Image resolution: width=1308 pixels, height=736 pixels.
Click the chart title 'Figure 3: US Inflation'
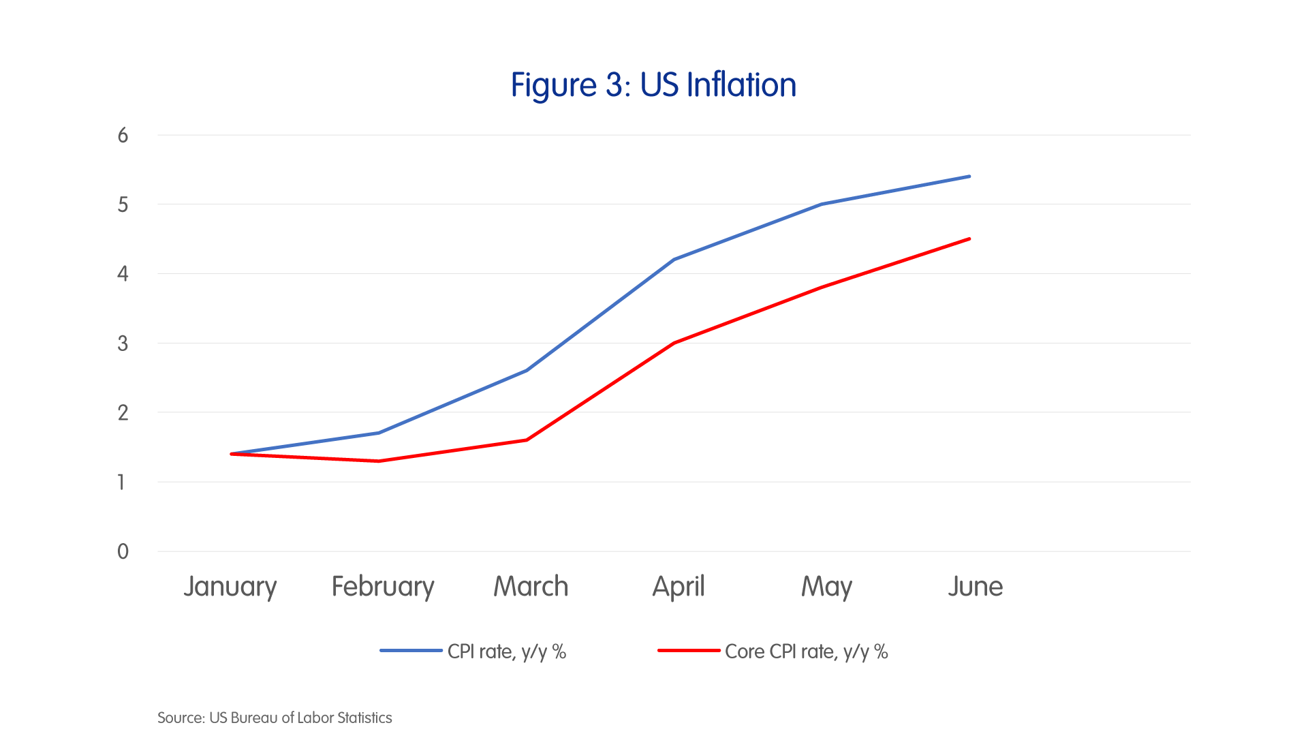pyautogui.click(x=653, y=85)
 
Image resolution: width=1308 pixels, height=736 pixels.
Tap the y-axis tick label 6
pyautogui.click(x=123, y=135)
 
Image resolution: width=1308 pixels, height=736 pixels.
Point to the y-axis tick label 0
pyautogui.click(x=123, y=551)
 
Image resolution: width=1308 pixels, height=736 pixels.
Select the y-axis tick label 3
pyautogui.click(x=123, y=343)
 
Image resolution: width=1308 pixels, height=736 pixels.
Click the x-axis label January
pyautogui.click(x=230, y=587)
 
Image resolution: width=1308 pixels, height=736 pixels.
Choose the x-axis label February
pyautogui.click(x=383, y=587)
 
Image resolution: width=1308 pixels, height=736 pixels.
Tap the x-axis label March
pyautogui.click(x=531, y=587)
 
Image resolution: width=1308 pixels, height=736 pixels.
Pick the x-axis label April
pyautogui.click(x=679, y=587)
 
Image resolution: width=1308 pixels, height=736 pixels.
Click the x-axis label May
pyautogui.click(x=826, y=587)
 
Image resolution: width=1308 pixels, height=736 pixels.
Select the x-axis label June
pyautogui.click(x=975, y=587)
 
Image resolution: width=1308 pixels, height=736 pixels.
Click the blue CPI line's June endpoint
pyautogui.click(x=969, y=177)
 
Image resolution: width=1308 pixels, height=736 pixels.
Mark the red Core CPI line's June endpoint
pyautogui.click(x=969, y=239)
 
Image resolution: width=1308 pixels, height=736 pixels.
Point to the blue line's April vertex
pyautogui.click(x=674, y=260)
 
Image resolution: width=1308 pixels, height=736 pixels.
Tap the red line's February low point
pyautogui.click(x=379, y=461)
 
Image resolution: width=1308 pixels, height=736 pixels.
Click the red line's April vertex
pyautogui.click(x=674, y=343)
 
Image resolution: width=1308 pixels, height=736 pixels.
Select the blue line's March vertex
pyautogui.click(x=527, y=371)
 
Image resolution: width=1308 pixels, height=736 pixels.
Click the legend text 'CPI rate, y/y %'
pyautogui.click(x=507, y=651)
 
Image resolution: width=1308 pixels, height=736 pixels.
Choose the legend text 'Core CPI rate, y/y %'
pyautogui.click(x=807, y=651)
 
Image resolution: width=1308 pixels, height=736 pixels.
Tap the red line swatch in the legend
pyautogui.click(x=688, y=651)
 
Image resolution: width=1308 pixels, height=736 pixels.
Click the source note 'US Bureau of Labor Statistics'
pyautogui.click(x=300, y=718)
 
